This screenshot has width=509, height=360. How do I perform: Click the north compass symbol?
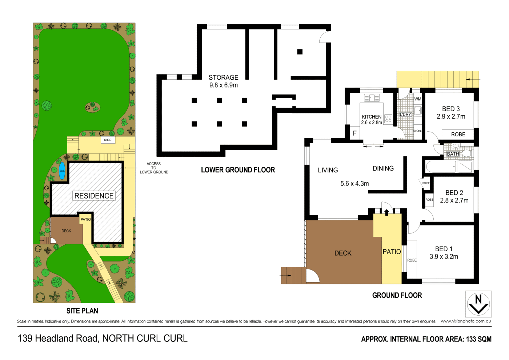click(x=478, y=304)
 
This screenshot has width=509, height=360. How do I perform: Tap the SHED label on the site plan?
click(x=108, y=140)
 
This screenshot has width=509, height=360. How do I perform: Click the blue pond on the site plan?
click(x=62, y=171)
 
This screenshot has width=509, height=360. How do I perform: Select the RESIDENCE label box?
click(x=94, y=196)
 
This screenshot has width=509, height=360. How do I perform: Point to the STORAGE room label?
click(x=223, y=77)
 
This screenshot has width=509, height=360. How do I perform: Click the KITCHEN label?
click(x=371, y=117)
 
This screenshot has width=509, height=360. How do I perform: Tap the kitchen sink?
click(x=372, y=98)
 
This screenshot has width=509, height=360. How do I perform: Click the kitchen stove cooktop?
click(x=388, y=119)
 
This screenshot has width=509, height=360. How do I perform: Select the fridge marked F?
click(x=354, y=133)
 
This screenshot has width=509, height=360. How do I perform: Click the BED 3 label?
click(x=451, y=109)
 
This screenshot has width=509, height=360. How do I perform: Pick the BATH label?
click(x=453, y=154)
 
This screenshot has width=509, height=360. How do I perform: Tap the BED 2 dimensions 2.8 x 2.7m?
click(x=454, y=200)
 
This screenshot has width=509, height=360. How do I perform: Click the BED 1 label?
click(x=444, y=249)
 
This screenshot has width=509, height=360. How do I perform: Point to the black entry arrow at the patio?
click(x=386, y=212)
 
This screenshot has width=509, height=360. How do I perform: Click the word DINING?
click(x=383, y=168)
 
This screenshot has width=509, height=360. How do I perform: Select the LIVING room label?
click(x=328, y=170)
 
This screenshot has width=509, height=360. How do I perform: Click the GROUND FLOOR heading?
click(x=397, y=295)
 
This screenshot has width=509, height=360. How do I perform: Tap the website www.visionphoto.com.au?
click(x=466, y=321)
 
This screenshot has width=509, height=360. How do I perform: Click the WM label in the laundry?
click(x=418, y=99)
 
